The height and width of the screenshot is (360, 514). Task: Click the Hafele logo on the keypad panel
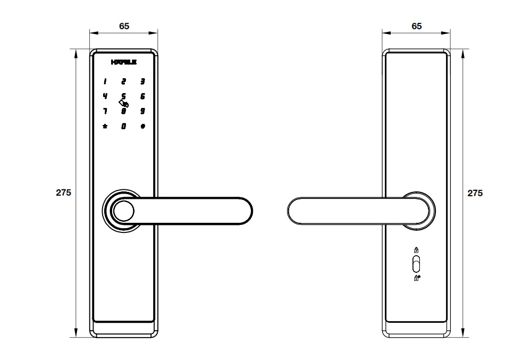pos(123,62)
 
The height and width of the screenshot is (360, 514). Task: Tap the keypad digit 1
pos(105,81)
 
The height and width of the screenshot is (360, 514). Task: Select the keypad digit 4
pos(105,96)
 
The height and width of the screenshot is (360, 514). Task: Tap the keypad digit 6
pos(142,96)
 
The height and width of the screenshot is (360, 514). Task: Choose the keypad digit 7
pos(105,111)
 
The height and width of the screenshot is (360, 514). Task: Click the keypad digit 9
pos(142,111)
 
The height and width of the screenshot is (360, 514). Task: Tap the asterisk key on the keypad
pos(105,126)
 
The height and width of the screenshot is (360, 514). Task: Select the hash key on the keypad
pos(142,126)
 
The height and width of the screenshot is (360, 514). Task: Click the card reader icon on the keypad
pos(124,104)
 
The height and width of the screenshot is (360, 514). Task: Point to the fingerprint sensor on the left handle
pos(123,211)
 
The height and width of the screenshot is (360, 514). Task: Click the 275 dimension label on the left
pos(63,192)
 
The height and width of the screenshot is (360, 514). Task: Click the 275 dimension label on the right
pos(475,193)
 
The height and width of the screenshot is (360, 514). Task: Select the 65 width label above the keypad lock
pos(124,26)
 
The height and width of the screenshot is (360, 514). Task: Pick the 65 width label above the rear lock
pos(416,26)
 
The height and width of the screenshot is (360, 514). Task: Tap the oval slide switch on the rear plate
pos(416,264)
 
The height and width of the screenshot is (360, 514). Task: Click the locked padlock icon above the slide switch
pos(416,250)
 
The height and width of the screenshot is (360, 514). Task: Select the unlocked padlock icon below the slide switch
pos(417,278)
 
